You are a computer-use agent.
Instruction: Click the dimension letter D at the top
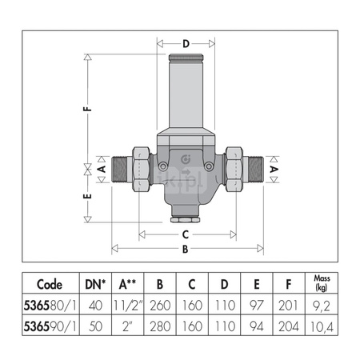click(186, 45)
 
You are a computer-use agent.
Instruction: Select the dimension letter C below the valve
click(186, 234)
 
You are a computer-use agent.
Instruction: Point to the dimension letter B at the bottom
click(186, 249)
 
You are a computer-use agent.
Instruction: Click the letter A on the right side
click(274, 170)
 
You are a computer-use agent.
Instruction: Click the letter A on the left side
click(102, 170)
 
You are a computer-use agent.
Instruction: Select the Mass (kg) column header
click(320, 285)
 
